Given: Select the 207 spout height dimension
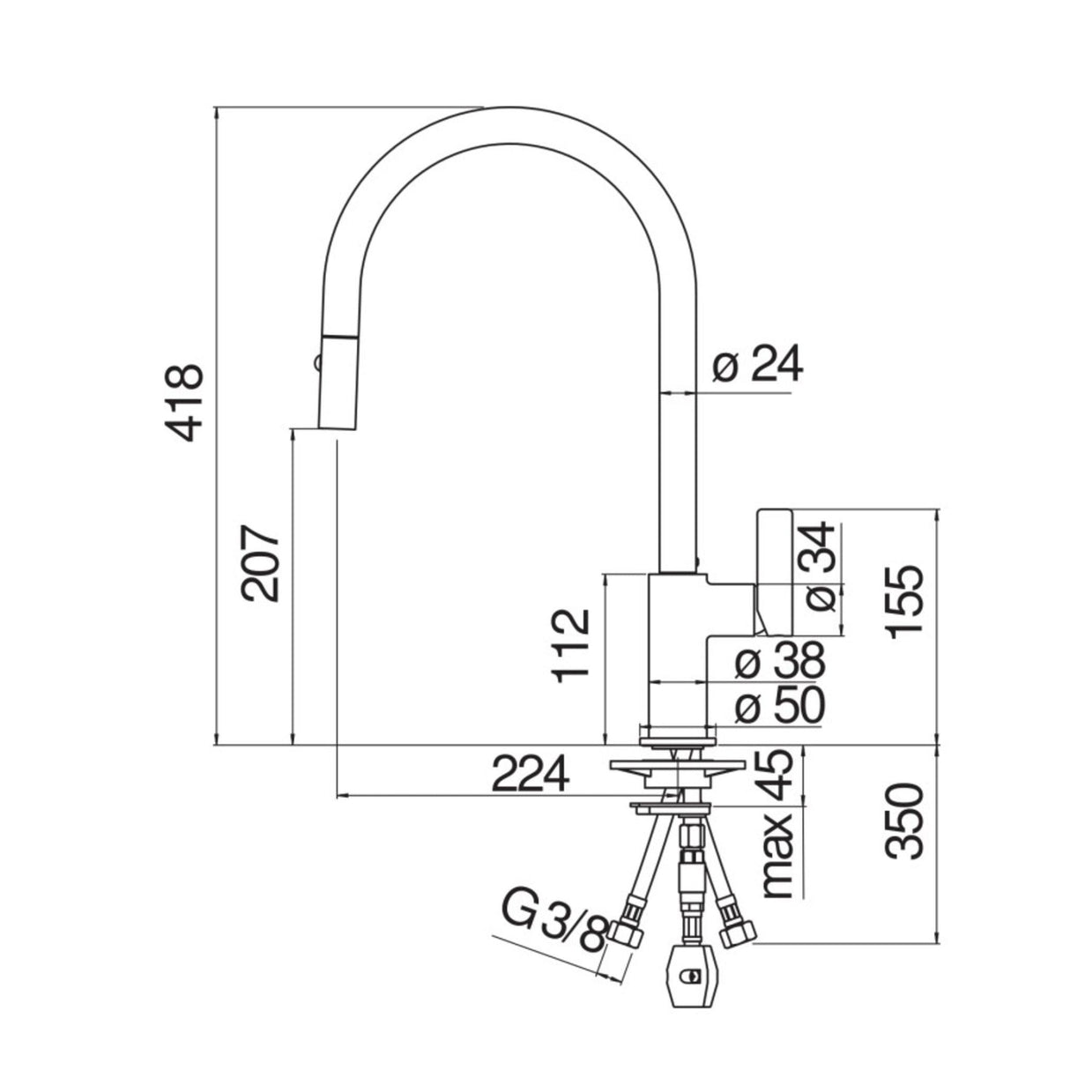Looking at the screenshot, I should (x=262, y=564).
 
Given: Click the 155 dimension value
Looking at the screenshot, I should (x=904, y=603).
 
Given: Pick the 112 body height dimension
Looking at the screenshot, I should (x=571, y=646).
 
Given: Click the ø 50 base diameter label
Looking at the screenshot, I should (x=779, y=705).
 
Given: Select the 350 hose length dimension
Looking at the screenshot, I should (x=904, y=821).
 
